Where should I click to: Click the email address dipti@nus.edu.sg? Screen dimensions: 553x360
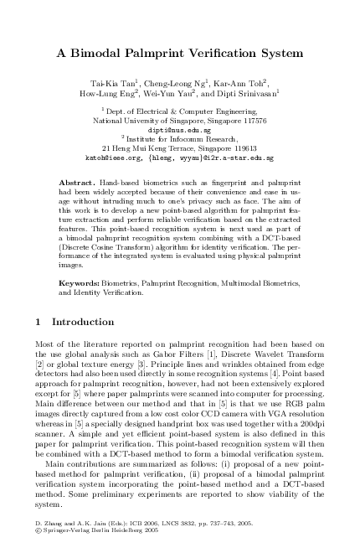179,131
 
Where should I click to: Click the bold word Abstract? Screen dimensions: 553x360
77,182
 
